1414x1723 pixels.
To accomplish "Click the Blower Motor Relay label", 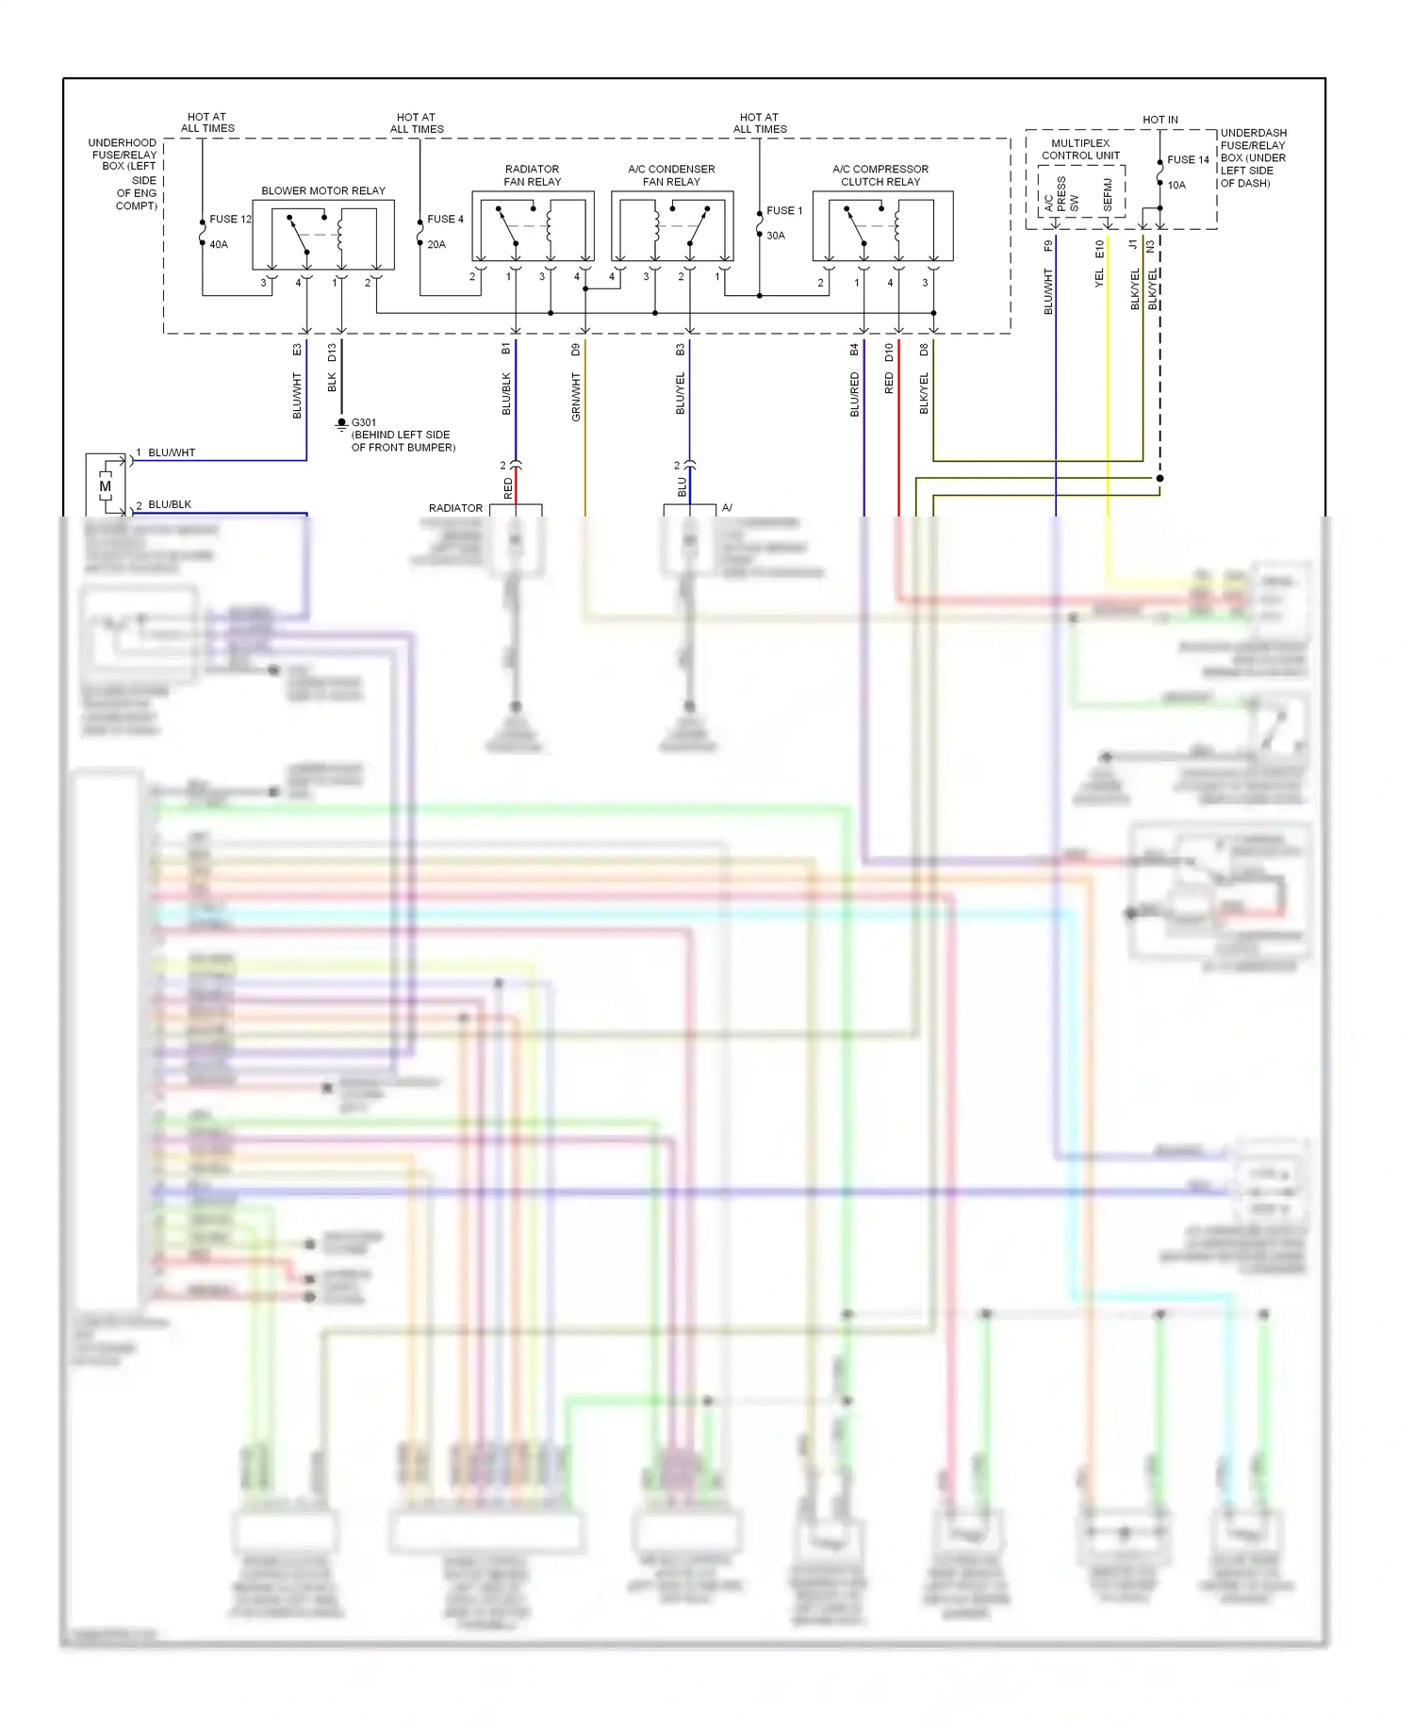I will click(x=323, y=190).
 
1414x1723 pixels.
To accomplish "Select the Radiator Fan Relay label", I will click(x=532, y=175).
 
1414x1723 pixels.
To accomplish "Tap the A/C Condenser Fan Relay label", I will click(x=671, y=175).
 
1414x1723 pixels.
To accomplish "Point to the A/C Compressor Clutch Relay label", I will click(x=880, y=175).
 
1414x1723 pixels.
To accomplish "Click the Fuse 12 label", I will click(x=230, y=219).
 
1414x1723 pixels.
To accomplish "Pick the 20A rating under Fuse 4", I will click(x=436, y=244).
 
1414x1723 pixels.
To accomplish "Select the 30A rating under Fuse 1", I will click(x=776, y=236).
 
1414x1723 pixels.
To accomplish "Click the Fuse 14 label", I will click(x=1188, y=160).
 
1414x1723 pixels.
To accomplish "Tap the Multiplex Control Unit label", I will click(x=1080, y=149).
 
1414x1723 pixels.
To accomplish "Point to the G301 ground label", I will click(x=364, y=422).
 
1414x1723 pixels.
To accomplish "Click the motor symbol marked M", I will click(x=105, y=486).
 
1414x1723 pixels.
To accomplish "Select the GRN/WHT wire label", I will click(x=576, y=396).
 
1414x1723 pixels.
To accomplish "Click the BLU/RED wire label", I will click(x=855, y=394).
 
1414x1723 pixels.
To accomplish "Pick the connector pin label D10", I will click(x=889, y=353).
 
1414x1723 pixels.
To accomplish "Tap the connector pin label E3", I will click(x=297, y=350).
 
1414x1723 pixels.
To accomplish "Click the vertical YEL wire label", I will click(x=1099, y=278).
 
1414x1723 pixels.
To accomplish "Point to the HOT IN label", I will click(x=1159, y=120).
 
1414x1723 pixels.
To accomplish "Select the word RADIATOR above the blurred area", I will click(x=455, y=508).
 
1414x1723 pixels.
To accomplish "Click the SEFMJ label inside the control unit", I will click(x=1108, y=194).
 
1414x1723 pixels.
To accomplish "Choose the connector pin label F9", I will click(x=1048, y=246).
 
